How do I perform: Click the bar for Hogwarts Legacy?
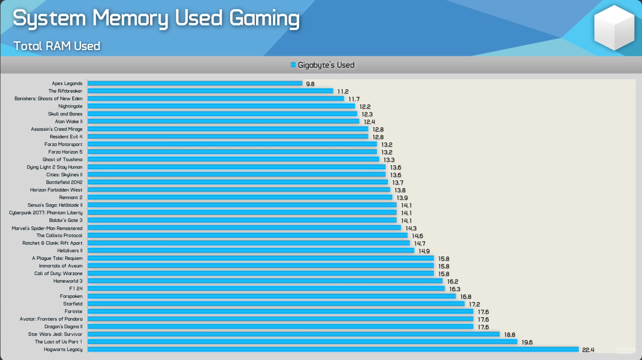[x=333, y=349]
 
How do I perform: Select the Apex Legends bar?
[x=195, y=83]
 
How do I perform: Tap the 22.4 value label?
[x=588, y=350]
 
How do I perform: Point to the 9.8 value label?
[x=310, y=84]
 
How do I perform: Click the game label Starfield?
[x=73, y=304]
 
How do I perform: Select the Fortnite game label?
[x=73, y=311]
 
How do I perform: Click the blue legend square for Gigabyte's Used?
[x=293, y=65]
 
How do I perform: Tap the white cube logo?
[x=614, y=28]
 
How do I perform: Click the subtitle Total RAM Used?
[x=57, y=46]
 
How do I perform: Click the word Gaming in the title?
[x=264, y=19]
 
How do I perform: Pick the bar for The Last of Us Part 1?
[x=302, y=342]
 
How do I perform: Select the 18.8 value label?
[x=509, y=334]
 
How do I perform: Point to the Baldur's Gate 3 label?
[x=66, y=220]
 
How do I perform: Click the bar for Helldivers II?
[x=251, y=251]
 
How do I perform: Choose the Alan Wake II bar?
[x=224, y=121]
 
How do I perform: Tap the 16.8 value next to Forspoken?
[x=466, y=297]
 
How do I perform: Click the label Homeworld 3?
[x=68, y=281]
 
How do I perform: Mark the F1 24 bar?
[x=266, y=289]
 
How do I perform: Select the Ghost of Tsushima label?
[x=62, y=159]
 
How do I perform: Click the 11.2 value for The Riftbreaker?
[x=343, y=92]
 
